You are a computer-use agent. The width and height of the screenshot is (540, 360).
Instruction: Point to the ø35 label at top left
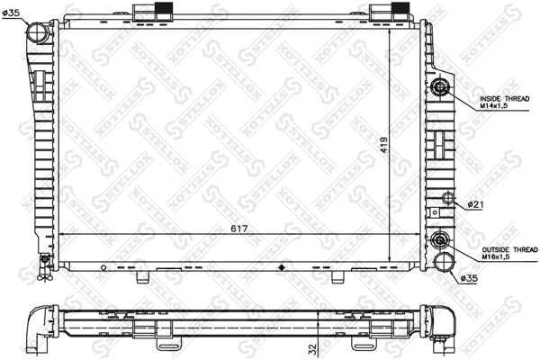click(14, 12)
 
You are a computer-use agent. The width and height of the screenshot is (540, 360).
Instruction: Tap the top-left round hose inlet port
click(37, 33)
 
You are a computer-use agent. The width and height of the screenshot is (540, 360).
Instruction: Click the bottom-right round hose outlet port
click(442, 261)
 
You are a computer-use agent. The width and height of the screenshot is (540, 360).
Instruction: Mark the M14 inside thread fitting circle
click(440, 87)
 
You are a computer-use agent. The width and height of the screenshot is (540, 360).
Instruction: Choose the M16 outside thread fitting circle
click(440, 241)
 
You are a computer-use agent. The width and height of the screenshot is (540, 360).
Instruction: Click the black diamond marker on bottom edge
click(284, 267)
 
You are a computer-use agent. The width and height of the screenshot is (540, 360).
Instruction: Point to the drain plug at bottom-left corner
click(41, 264)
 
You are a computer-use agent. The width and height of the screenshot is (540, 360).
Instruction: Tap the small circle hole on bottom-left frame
click(105, 267)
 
